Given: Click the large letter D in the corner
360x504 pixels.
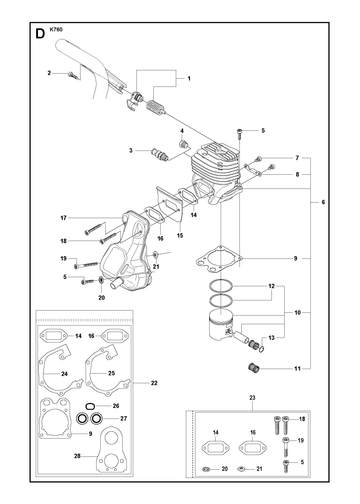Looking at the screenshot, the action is point(40,34).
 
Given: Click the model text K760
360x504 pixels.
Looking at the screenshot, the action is point(56,29).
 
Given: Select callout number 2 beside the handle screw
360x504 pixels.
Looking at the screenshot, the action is point(49,73).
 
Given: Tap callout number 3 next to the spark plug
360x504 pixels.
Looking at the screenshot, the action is point(131,150).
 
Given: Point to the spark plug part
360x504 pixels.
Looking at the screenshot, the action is point(160,155).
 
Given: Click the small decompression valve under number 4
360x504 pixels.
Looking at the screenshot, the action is point(183,144).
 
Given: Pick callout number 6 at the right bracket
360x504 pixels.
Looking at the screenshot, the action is point(323,202).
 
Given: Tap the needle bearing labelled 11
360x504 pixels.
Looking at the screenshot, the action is point(254,369).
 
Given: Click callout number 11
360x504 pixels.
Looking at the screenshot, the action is point(297,369).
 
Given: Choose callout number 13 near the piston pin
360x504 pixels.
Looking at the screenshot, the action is point(272,338).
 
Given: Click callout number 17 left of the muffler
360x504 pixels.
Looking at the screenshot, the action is point(63,218).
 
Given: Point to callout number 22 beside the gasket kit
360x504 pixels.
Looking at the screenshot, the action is point(154,383).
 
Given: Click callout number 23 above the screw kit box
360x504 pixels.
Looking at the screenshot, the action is point(252,398).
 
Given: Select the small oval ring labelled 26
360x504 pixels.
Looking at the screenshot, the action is point(90,406).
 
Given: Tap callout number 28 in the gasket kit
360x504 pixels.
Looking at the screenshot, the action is point(77,456).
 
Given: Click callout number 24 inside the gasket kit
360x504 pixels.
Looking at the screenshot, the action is point(64,374).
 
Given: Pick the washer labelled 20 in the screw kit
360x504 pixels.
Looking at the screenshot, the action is point(206,469).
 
